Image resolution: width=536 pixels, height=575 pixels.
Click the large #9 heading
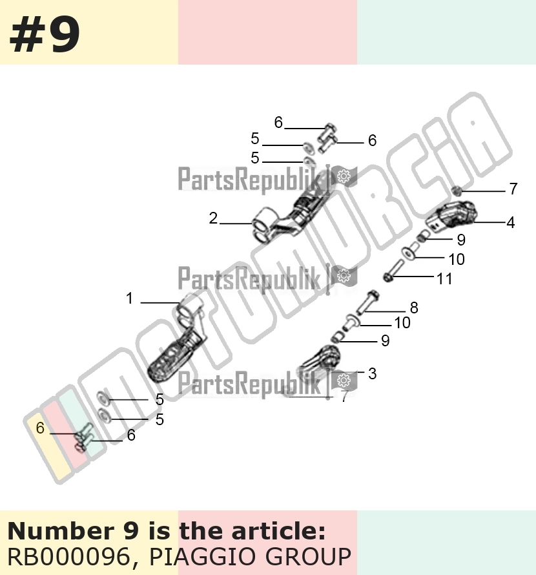tap(45, 36)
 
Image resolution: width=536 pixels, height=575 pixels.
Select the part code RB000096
tap(69, 557)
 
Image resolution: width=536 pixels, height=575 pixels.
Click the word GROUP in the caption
tap(308, 557)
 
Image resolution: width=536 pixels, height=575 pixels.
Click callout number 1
tap(129, 298)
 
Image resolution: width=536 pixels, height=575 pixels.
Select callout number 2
tap(213, 218)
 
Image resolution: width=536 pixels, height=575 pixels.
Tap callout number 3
tap(372, 373)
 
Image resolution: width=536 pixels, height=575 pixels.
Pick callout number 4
tap(511, 222)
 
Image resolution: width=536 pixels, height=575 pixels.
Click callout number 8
tap(414, 308)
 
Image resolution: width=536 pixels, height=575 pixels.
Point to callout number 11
tap(444, 278)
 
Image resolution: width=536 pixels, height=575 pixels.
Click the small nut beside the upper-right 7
tap(456, 191)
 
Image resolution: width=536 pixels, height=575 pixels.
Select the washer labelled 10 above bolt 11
tap(408, 253)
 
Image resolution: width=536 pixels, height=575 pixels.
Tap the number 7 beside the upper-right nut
tap(513, 189)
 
